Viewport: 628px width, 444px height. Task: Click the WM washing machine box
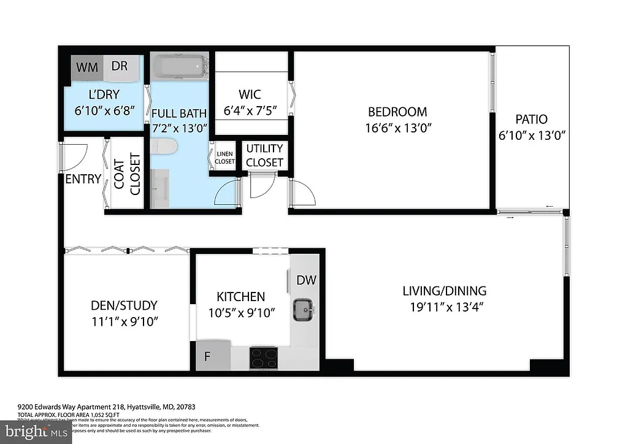tap(88, 67)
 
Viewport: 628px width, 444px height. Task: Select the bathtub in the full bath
tap(179, 66)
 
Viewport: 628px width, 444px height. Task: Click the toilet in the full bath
tap(164, 147)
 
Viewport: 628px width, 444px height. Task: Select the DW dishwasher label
tap(306, 280)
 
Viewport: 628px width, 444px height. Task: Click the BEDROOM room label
tap(397, 112)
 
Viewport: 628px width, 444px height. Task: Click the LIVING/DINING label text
tap(444, 291)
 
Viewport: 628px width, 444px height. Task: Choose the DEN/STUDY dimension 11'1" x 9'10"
tap(124, 321)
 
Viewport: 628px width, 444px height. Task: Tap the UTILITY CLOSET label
tap(264, 155)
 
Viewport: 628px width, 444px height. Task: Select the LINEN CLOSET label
tap(224, 158)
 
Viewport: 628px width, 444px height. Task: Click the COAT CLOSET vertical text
tap(128, 177)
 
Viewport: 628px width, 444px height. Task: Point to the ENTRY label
tap(83, 179)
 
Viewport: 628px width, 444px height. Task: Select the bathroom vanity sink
tap(163, 183)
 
